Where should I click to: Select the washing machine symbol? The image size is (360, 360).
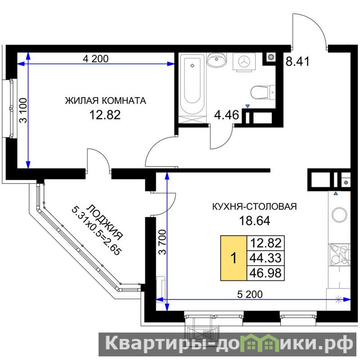[x=244, y=62]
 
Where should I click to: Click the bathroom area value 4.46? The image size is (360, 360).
[x=226, y=115]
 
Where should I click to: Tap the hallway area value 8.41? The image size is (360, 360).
[x=297, y=61]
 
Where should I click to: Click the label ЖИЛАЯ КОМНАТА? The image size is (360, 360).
[x=105, y=100]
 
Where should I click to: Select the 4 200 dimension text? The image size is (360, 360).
[x=96, y=59]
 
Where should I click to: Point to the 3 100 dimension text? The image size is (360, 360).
[x=23, y=111]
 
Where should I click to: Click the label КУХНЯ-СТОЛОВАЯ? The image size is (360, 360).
[x=254, y=207]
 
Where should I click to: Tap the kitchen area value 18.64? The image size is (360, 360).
[x=255, y=220]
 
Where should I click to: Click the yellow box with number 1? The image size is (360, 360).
[x=234, y=258]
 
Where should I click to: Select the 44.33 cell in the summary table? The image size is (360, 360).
[x=265, y=258]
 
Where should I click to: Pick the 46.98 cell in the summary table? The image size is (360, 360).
[x=265, y=273]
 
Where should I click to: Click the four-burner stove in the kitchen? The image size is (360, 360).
[x=339, y=255]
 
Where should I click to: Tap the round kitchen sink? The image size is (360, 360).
[x=339, y=215]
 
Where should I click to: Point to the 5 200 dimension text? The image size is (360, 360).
[x=250, y=294]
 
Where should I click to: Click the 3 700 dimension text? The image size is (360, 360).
[x=162, y=242]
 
